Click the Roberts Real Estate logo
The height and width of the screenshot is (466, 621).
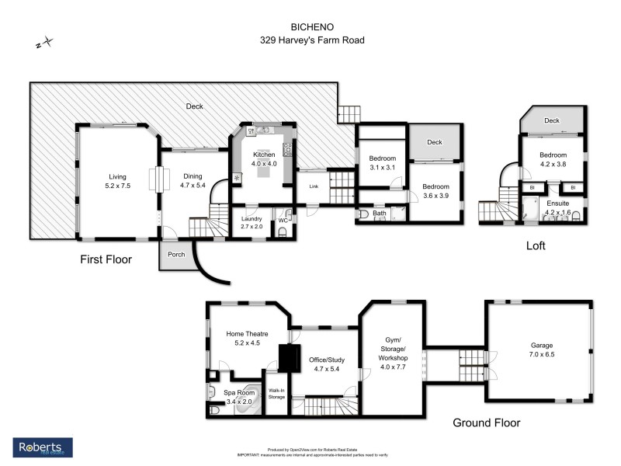(43, 447)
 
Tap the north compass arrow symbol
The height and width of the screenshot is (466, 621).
(45, 43)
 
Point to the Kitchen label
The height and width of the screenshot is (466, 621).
(264, 155)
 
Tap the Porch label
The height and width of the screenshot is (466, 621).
(177, 253)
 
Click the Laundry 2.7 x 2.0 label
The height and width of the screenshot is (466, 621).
(252, 223)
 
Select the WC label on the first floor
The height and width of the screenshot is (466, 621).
(283, 220)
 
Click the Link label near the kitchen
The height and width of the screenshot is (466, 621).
(314, 186)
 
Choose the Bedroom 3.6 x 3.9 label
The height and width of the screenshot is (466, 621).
(435, 191)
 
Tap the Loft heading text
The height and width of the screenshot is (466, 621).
(535, 245)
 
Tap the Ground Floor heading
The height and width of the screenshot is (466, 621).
(487, 423)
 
